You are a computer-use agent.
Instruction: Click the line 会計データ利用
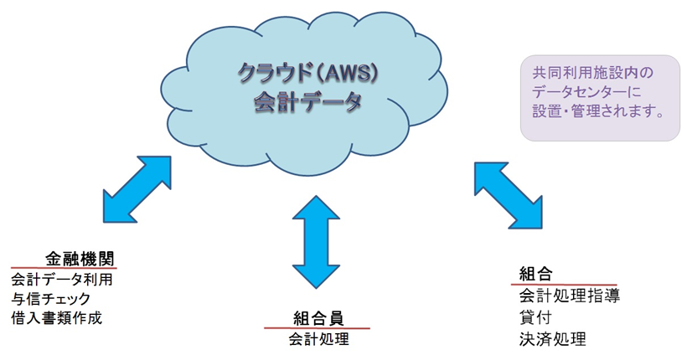click(x=62, y=278)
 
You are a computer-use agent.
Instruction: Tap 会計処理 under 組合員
click(x=318, y=339)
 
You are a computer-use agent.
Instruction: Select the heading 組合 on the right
click(x=536, y=274)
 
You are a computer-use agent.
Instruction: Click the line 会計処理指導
click(x=569, y=296)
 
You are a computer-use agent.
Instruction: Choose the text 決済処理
click(x=552, y=339)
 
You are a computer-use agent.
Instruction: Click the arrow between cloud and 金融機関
click(x=137, y=188)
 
